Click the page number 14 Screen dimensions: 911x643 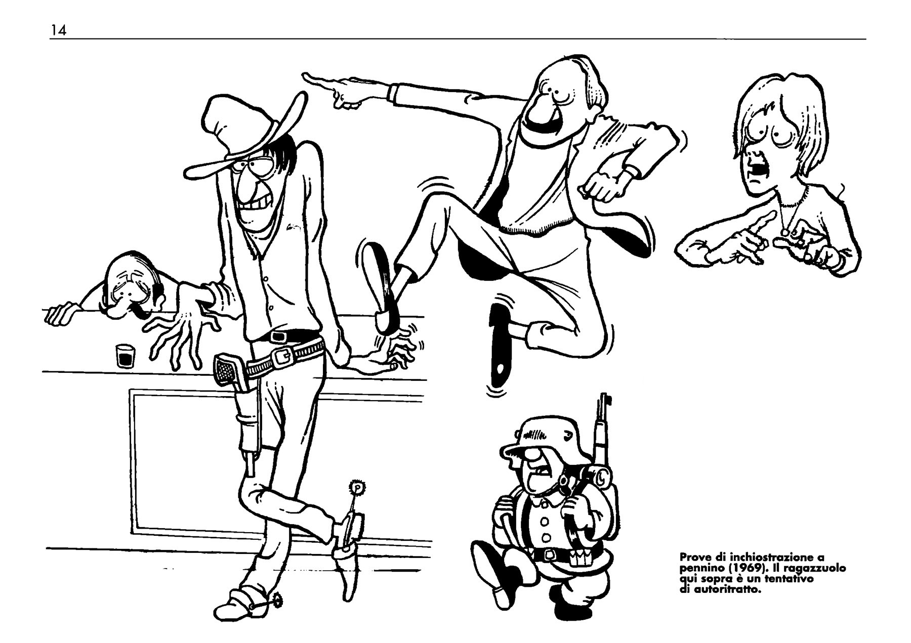click(58, 30)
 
